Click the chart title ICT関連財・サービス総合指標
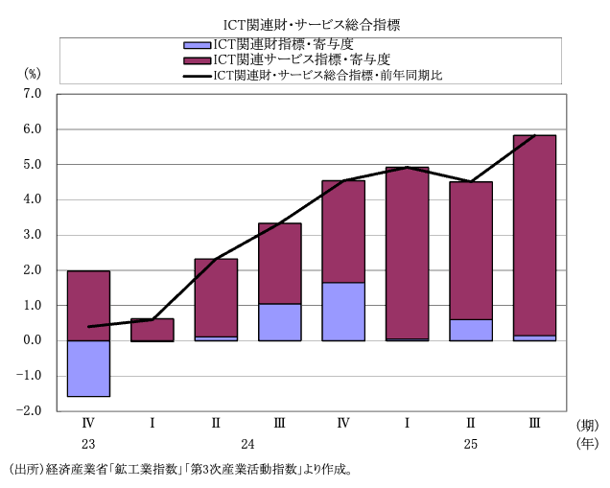305,23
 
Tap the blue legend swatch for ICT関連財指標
197,45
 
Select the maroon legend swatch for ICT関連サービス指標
197,59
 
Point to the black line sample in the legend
197,74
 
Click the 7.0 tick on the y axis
33,94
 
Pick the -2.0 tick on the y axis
31,410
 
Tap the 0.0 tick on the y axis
33,340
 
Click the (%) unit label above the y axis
32,72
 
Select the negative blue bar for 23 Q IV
88,368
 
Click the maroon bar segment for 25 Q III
534,235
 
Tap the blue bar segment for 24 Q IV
343,312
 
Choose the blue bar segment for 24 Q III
280,322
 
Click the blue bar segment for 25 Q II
471,330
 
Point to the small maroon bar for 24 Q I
152,329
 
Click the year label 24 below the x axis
247,444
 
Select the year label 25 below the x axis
471,444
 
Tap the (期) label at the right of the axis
587,424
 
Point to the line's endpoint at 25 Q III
534,136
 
